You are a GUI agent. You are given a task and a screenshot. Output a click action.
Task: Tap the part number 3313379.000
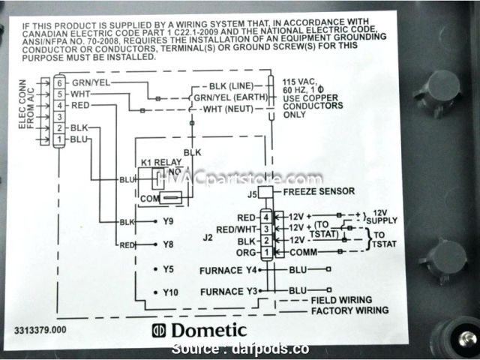pos(39,328)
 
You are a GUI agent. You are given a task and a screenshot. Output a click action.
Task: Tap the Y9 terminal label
pos(166,223)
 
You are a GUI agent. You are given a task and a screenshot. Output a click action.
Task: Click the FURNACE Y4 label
pos(229,269)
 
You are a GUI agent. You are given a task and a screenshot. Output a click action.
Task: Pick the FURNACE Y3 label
pos(229,290)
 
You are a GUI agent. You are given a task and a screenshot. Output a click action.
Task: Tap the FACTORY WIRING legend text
pos(349,310)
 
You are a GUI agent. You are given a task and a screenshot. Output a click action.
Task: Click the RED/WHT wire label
pos(236,228)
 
